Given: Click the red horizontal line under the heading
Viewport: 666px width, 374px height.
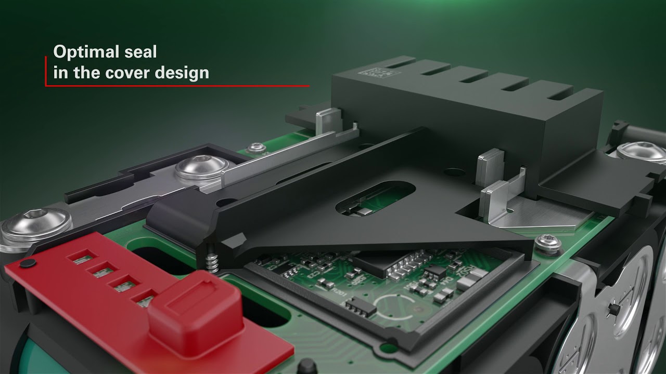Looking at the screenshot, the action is [x=177, y=86].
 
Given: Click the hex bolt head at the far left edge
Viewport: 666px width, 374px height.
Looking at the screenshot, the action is [x=36, y=224].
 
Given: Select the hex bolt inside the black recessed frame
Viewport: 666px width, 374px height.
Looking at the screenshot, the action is [x=201, y=168].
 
